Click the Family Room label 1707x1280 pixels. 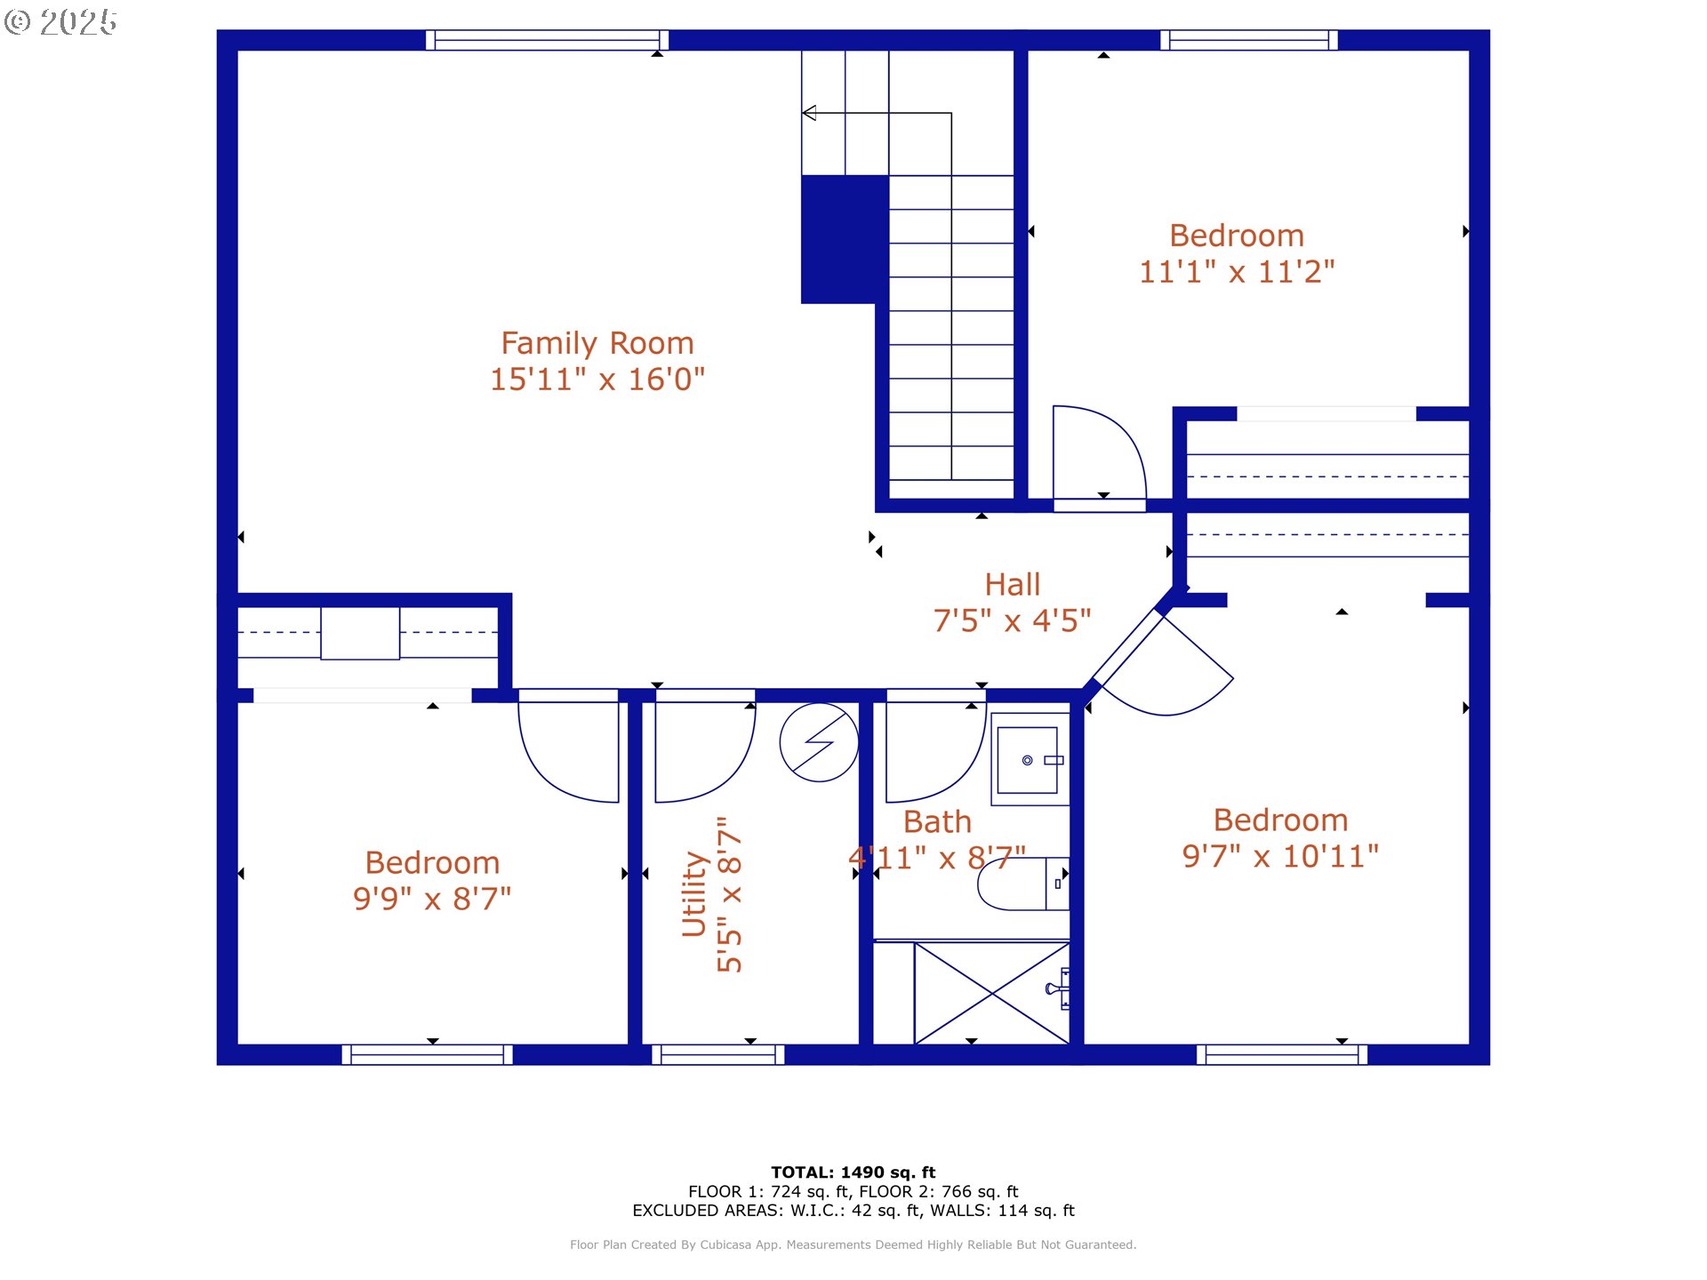coord(597,343)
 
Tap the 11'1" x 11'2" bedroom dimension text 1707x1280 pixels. coord(1237,272)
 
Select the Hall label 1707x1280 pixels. coord(1012,585)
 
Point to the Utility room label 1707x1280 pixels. coord(693,893)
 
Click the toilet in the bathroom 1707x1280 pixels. coord(1023,884)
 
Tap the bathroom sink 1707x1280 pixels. coord(1030,759)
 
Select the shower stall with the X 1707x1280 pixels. coord(991,993)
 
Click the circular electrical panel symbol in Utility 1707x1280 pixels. coord(819,742)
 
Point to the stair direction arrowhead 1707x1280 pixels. coord(809,113)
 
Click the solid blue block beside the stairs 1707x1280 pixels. coord(845,239)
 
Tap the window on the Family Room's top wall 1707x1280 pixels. coord(547,40)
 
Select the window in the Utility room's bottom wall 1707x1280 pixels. coord(718,1054)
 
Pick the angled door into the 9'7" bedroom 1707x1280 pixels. coord(1165,662)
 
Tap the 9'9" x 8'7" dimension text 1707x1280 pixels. coord(432,899)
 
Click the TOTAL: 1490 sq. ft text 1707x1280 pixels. coord(853,1172)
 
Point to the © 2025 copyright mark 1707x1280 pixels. coord(60,22)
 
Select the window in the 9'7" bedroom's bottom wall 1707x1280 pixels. coord(1282,1054)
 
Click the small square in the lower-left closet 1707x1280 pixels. coord(360,633)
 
